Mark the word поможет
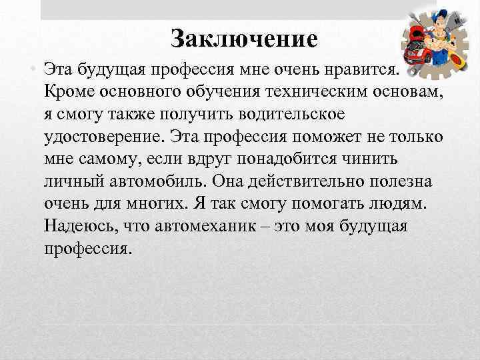(303, 136)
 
